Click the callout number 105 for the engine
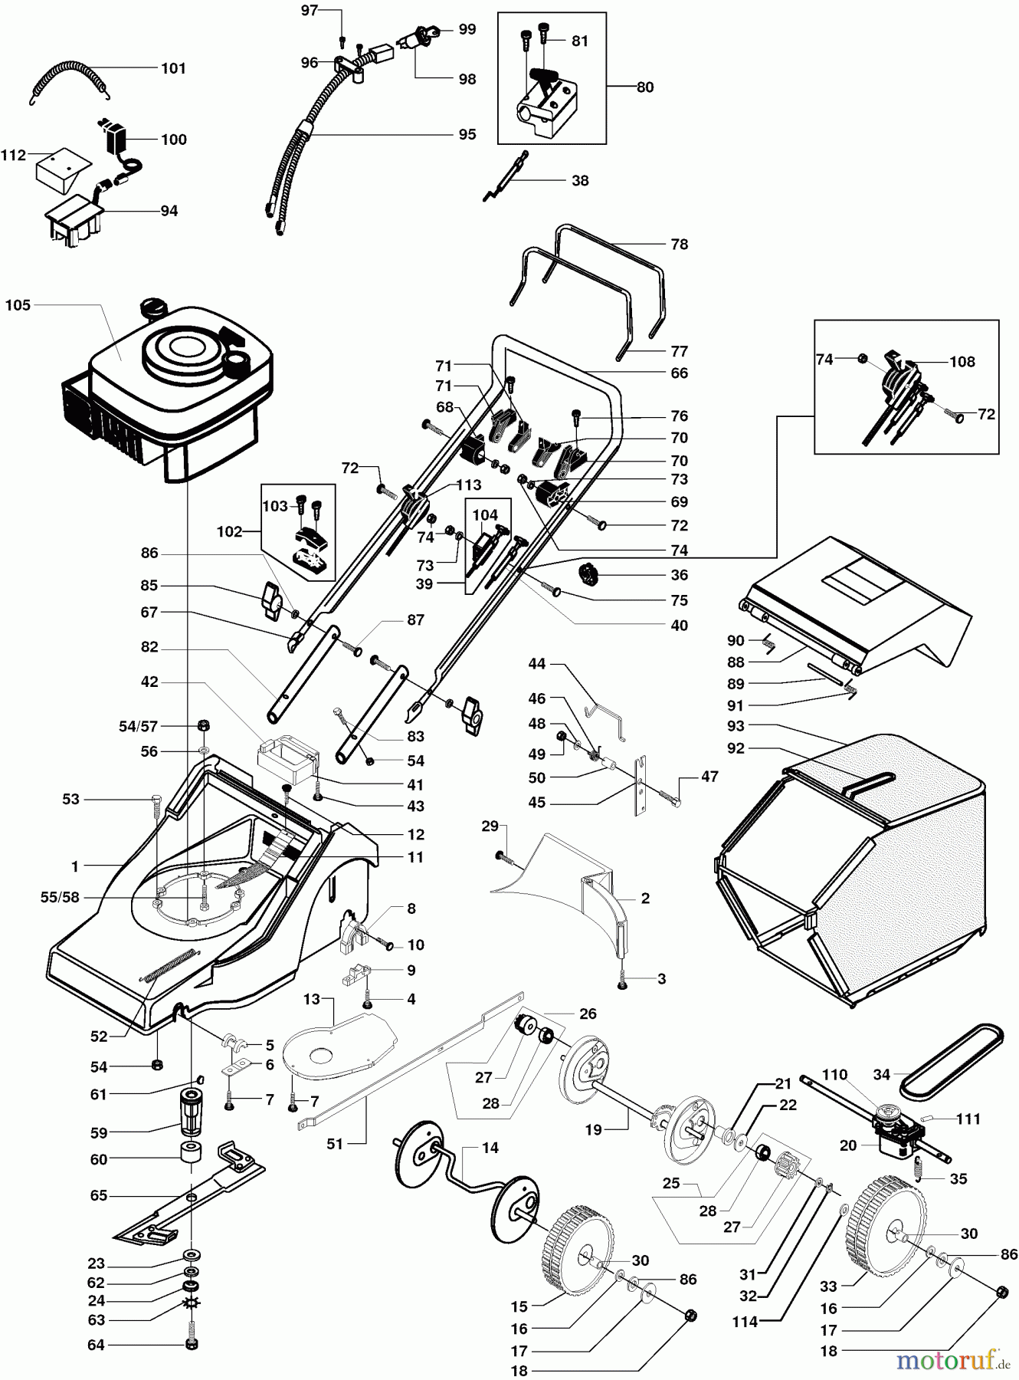tap(18, 305)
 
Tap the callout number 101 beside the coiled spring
tap(173, 68)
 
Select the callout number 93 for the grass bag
tap(736, 726)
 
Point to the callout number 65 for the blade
tap(98, 1195)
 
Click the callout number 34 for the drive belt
tap(882, 1074)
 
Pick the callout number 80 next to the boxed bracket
tap(645, 87)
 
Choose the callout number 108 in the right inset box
tap(962, 361)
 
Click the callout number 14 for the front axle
tap(490, 1148)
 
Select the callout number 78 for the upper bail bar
tap(679, 244)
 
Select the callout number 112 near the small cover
tap(13, 155)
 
